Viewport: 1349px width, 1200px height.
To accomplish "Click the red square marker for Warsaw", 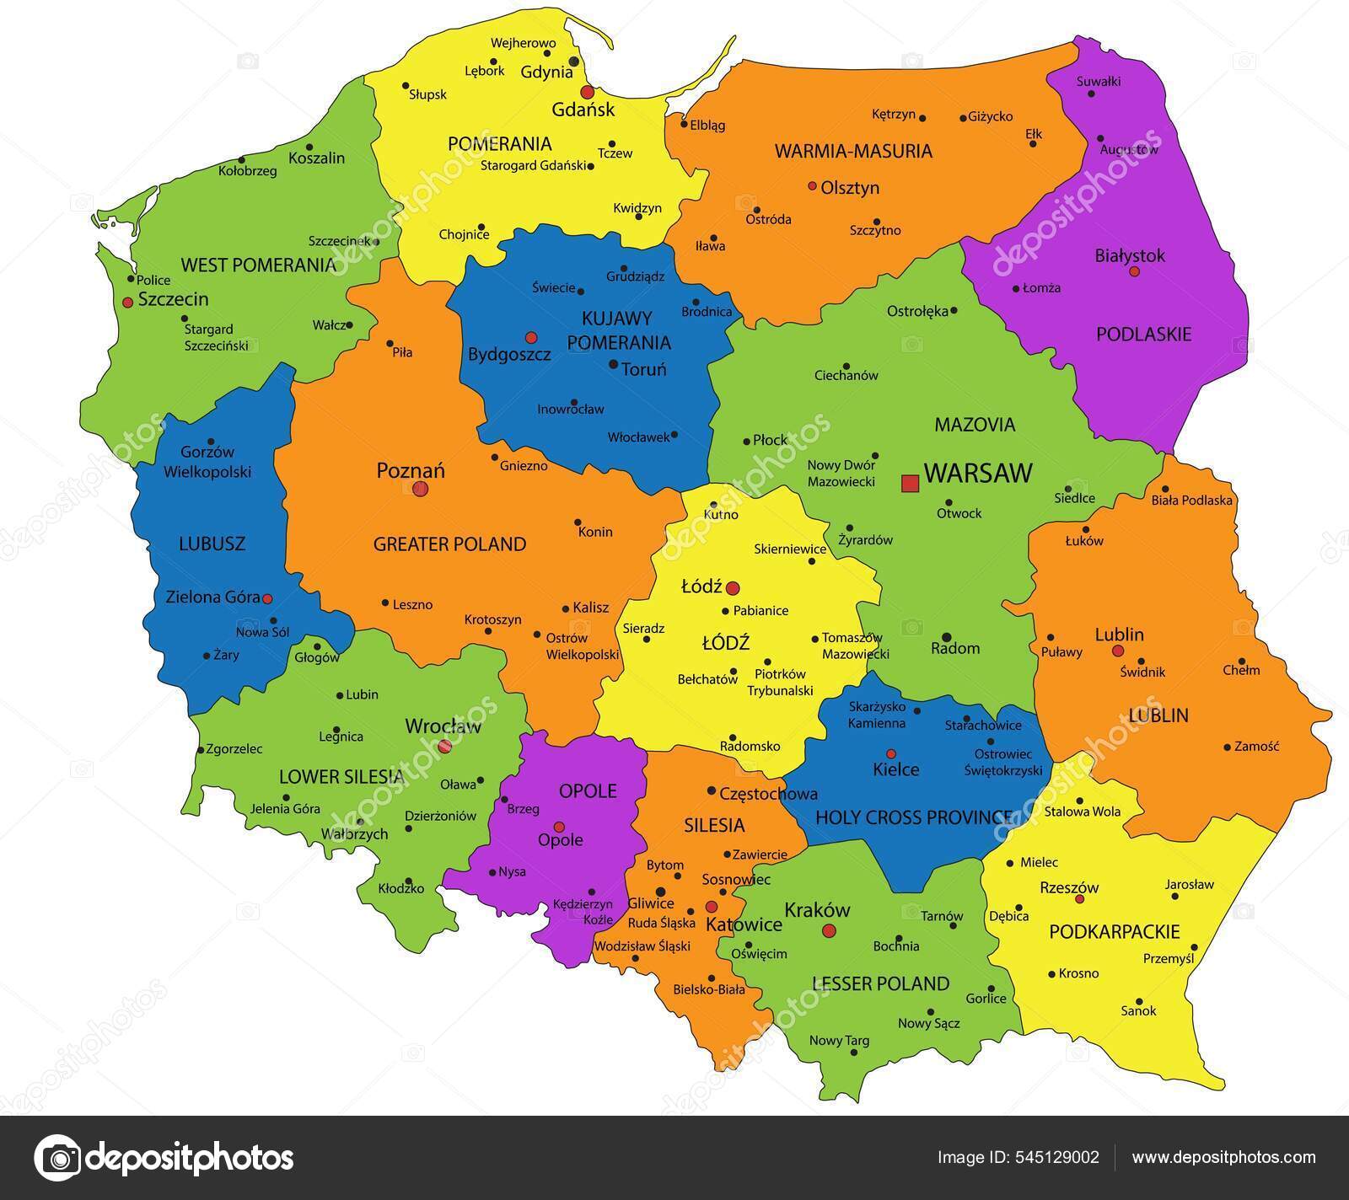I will pos(910,483).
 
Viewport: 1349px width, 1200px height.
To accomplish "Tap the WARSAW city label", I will pos(978,473).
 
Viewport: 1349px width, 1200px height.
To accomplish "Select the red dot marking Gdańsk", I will pos(587,92).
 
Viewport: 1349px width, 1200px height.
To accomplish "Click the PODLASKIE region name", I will pos(1143,335).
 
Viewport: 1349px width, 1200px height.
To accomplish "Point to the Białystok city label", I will pos(1129,255).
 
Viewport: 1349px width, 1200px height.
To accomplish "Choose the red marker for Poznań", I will pos(421,488).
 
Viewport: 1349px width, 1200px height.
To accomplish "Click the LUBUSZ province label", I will pos(212,544).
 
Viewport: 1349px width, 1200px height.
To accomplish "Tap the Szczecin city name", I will pos(173,299).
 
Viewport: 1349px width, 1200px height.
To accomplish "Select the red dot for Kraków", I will pos(829,930).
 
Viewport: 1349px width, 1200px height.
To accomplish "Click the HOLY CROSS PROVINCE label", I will pos(914,817).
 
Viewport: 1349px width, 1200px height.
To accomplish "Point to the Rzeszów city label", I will pos(1069,887).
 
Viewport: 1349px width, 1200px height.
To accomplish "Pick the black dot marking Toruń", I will pos(613,365).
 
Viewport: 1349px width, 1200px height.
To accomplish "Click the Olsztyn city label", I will pos(850,188).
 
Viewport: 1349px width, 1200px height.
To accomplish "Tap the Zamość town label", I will pos(1256,746).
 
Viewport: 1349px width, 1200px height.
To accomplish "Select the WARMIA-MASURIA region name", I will pos(853,151).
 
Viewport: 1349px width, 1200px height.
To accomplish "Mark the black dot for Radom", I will pos(947,637).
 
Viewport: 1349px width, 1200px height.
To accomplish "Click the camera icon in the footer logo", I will pos(57,1157).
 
